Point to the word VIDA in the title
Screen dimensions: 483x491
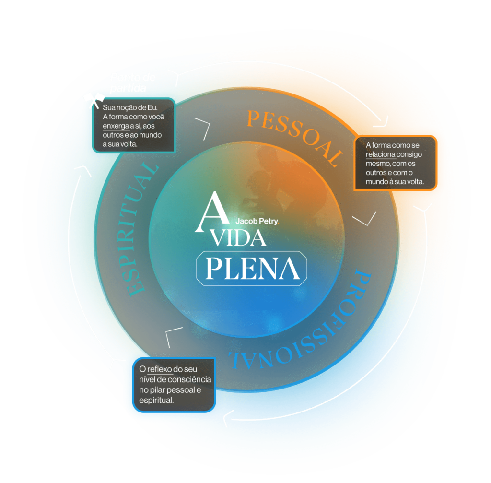point(239,238)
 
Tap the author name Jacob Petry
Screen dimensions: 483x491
point(257,222)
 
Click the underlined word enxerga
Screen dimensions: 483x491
point(116,126)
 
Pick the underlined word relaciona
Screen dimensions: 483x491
point(381,155)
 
